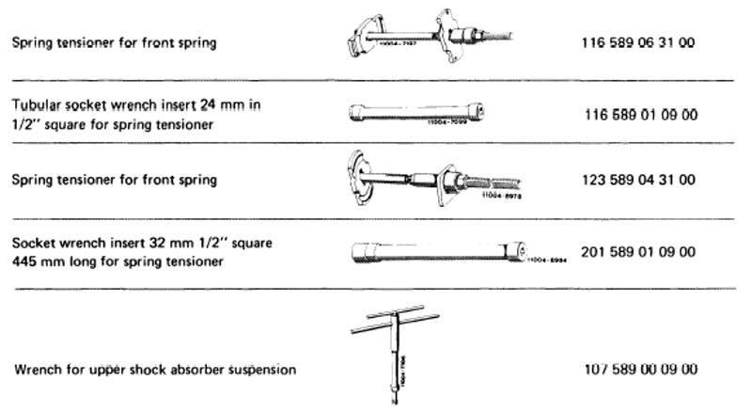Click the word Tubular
pyautogui.click(x=36, y=105)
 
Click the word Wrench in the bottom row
pyautogui.click(x=35, y=369)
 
